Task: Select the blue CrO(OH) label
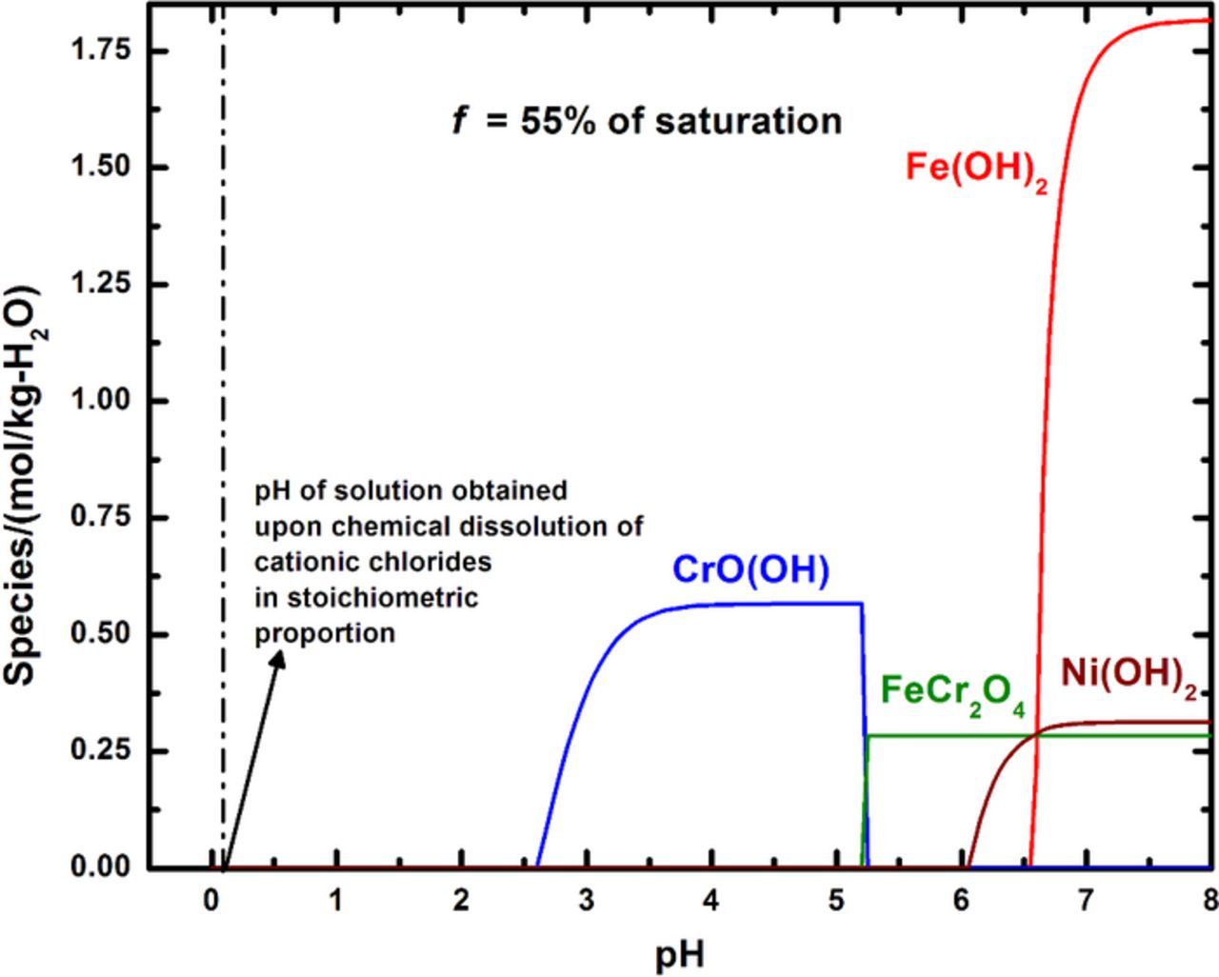click(750, 569)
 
